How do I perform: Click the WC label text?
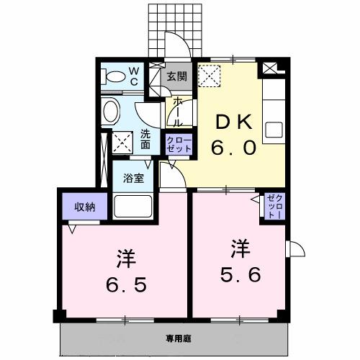(134, 76)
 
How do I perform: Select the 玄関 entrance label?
(176, 76)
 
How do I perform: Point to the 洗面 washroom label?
(146, 138)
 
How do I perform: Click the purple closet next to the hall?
(179, 143)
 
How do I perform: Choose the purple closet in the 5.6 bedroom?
(274, 207)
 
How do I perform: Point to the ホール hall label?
(176, 112)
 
